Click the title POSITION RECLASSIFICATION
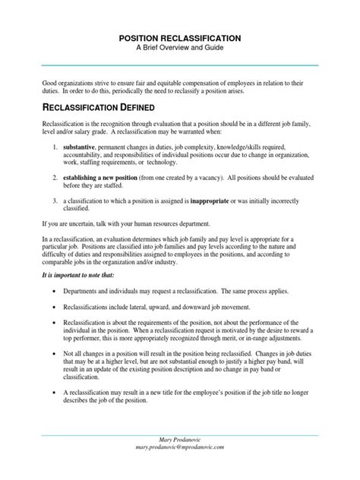click(x=180, y=36)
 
